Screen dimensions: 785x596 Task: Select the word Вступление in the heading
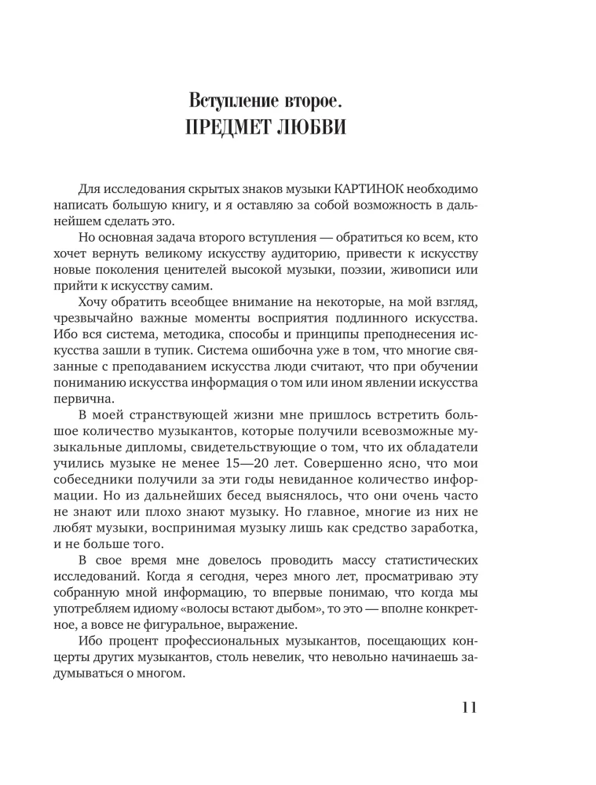tap(232, 100)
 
